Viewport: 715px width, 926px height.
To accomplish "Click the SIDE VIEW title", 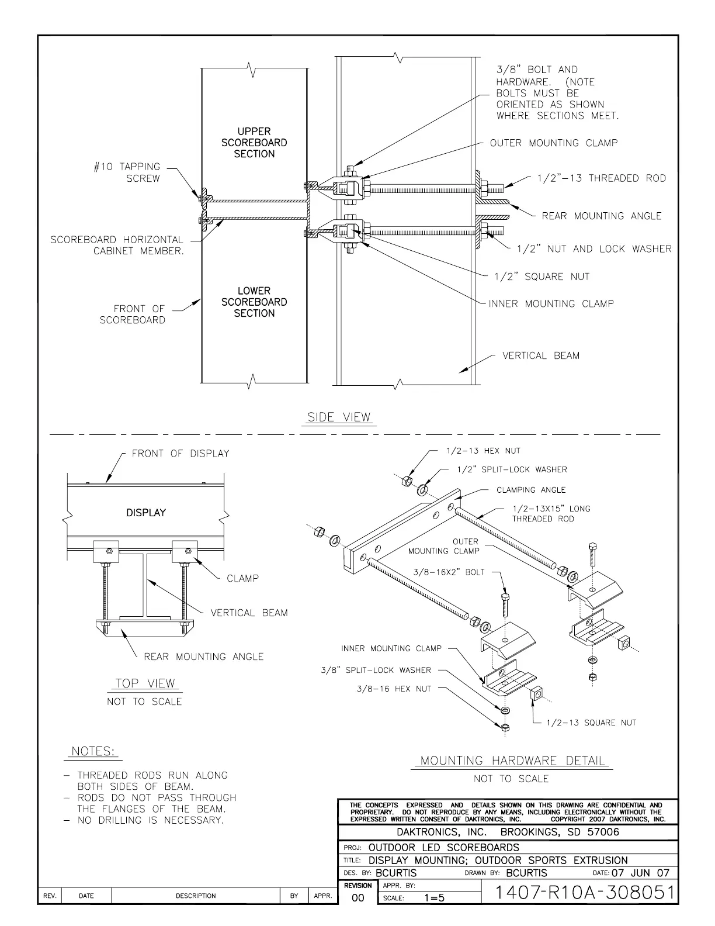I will (339, 417).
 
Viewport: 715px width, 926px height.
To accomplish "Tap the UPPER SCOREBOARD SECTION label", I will (254, 143).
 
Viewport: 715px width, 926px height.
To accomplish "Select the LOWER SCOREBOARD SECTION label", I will (254, 302).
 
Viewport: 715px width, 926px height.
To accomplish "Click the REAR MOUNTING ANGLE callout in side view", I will (602, 216).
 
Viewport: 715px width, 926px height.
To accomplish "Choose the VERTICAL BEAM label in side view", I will (541, 355).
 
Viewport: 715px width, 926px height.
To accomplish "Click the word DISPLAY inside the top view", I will (146, 513).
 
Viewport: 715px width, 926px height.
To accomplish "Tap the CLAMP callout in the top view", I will (242, 578).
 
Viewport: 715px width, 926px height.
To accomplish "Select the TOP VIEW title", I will (145, 683).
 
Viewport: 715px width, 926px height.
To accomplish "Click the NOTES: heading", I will (93, 751).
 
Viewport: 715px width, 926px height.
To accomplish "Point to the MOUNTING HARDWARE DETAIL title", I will (513, 761).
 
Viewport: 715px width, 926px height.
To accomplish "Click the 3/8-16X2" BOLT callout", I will (449, 572).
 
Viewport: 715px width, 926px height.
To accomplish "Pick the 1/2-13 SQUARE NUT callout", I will (591, 723).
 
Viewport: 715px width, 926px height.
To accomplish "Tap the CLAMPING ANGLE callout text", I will (531, 490).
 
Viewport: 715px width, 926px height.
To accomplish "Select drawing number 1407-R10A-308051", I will (584, 893).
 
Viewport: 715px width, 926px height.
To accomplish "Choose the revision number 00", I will (358, 898).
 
